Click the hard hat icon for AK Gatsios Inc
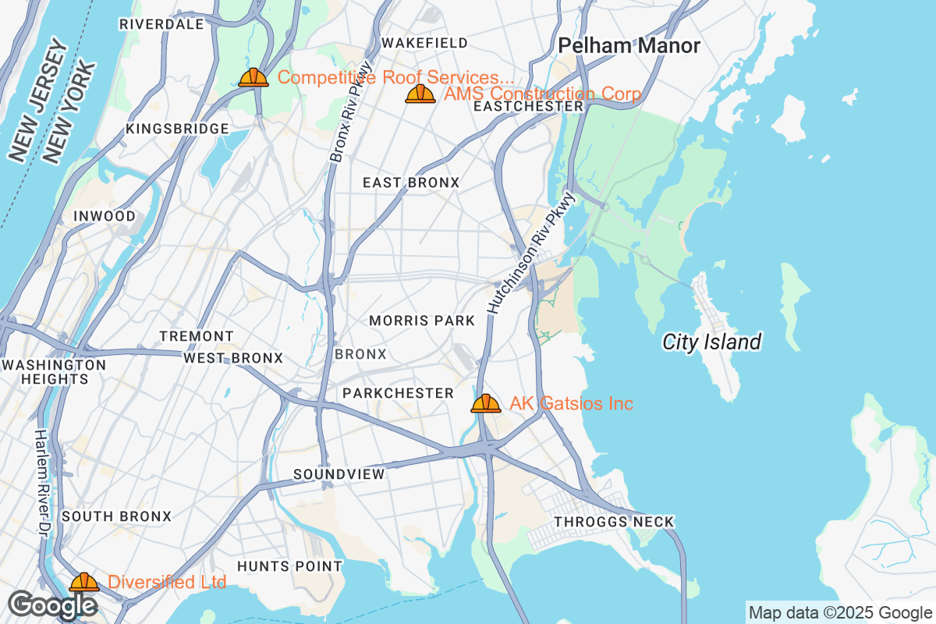[485, 403]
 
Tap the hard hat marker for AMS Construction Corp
[420, 94]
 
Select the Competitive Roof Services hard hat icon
[253, 77]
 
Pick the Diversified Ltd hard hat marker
[83, 582]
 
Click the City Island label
[711, 342]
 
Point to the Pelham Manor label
[629, 46]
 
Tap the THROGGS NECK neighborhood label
[613, 522]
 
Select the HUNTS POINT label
[289, 566]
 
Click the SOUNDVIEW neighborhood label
[339, 474]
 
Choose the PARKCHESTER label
[398, 393]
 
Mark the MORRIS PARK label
[422, 321]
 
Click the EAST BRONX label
[411, 183]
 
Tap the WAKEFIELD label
[424, 42]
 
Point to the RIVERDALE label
[161, 24]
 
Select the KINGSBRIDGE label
[178, 129]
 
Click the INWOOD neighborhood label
[104, 216]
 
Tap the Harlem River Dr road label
[41, 481]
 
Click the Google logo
[52, 604]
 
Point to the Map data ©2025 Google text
[840, 612]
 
